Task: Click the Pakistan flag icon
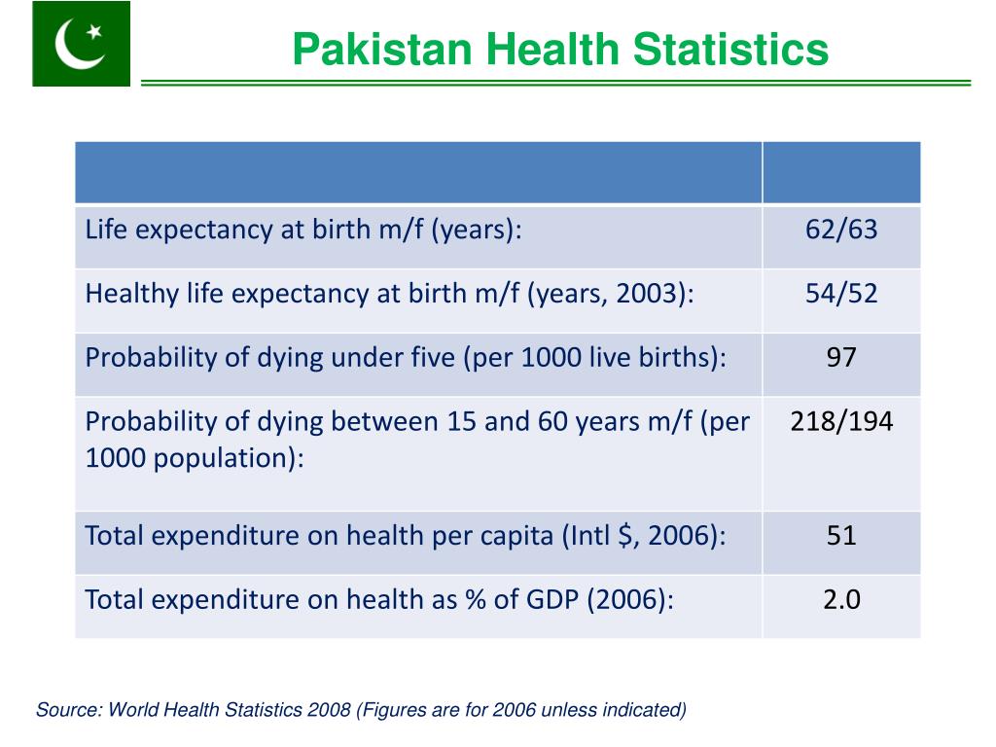point(81,44)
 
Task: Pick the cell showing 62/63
point(840,230)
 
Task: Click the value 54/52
point(840,294)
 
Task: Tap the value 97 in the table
point(840,357)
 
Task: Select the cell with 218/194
point(840,421)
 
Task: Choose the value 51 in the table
point(840,535)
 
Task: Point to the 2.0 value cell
point(840,599)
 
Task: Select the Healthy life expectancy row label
point(389,294)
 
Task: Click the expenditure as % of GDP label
point(379,599)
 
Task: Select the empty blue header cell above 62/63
point(840,172)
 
